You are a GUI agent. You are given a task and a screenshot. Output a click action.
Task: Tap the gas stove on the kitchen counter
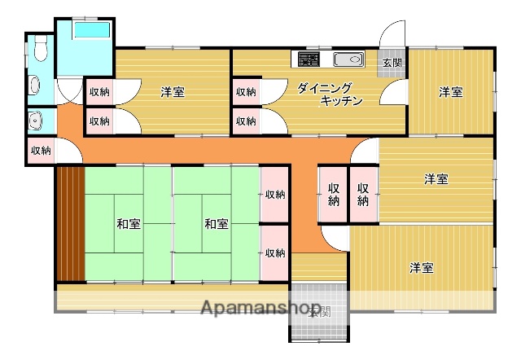click(x=309, y=59)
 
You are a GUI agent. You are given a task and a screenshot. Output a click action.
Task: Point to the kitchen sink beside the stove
click(x=348, y=59)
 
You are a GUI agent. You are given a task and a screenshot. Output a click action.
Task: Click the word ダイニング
click(x=325, y=87)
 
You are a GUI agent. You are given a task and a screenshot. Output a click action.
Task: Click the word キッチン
click(x=341, y=101)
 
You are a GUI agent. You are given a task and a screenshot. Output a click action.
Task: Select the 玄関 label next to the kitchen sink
click(x=392, y=62)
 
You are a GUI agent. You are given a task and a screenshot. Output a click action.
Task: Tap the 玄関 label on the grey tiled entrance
click(x=321, y=311)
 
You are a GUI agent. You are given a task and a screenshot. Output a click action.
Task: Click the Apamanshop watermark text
click(x=259, y=309)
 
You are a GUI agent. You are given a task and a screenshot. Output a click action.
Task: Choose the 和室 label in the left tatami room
click(x=127, y=223)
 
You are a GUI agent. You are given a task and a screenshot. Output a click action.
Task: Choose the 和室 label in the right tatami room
click(x=216, y=223)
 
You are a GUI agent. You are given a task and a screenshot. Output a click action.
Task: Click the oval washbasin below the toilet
click(x=33, y=86)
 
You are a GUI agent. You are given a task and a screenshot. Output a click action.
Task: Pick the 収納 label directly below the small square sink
click(x=41, y=151)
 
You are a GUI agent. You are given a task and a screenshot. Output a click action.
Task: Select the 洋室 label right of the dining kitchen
click(x=451, y=92)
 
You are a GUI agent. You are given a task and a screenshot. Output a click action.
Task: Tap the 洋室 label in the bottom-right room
click(x=421, y=267)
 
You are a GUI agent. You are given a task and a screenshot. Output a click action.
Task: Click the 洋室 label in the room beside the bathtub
click(x=172, y=92)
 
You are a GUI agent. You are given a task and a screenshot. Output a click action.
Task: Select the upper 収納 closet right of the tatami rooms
click(x=274, y=195)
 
